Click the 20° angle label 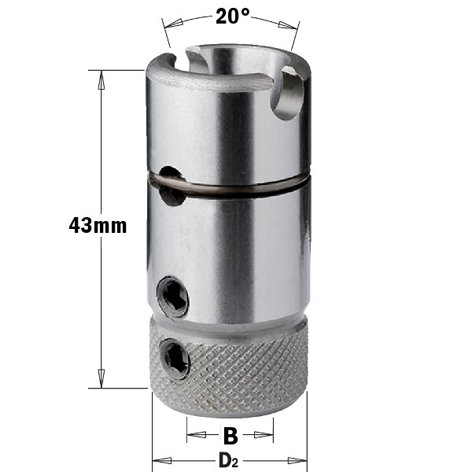click(233, 17)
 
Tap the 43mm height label click(98, 226)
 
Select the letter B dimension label click(230, 435)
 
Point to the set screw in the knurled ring click(176, 358)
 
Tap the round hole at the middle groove click(171, 186)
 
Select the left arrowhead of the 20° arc click(173, 23)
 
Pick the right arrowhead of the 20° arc click(288, 25)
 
